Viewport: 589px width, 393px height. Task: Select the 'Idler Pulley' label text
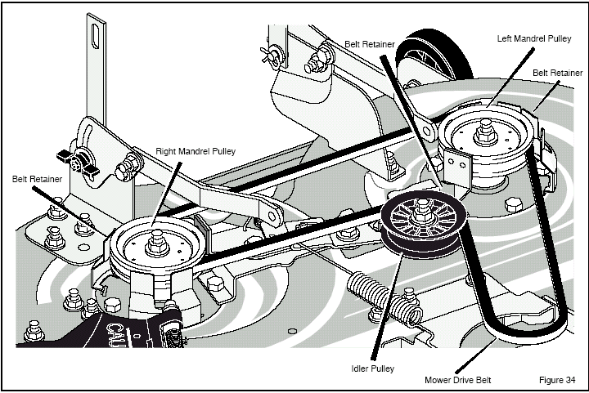371,368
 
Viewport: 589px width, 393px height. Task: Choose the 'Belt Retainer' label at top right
556,73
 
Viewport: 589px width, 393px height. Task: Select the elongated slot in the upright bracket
97,34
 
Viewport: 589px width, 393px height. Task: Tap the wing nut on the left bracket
74,159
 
